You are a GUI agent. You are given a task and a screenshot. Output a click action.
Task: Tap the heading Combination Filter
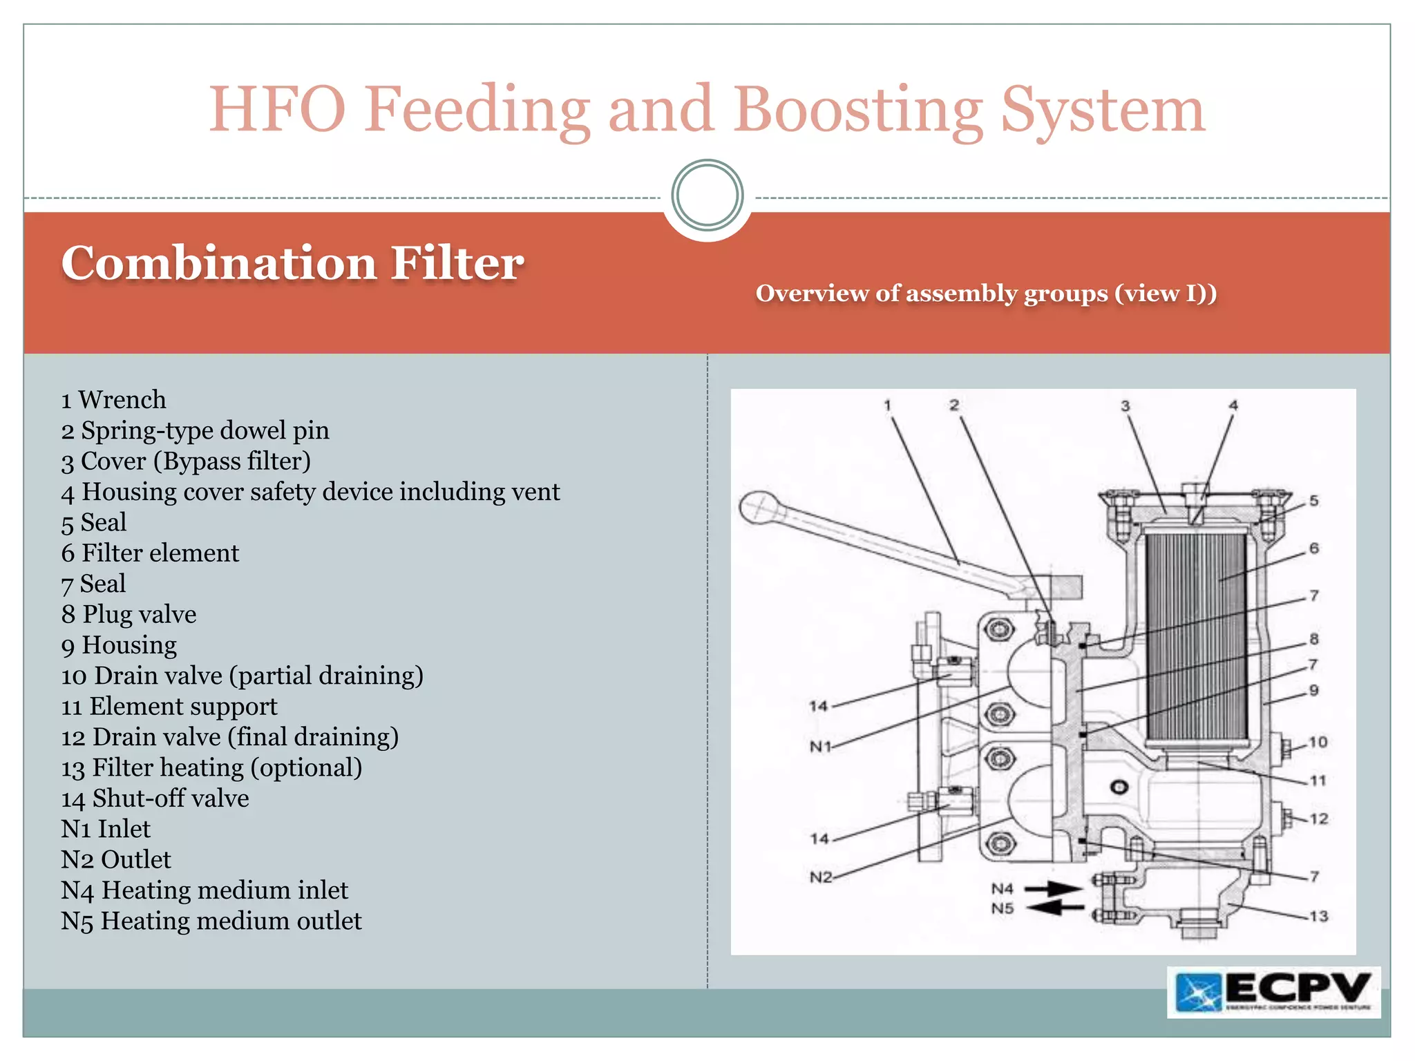[292, 263]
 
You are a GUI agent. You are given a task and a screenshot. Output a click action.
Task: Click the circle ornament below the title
[707, 195]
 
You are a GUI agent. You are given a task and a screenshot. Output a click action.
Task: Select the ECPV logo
[1273, 992]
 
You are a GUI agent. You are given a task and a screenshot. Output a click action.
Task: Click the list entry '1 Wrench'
[113, 400]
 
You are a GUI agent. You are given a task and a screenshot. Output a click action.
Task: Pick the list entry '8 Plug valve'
[129, 614]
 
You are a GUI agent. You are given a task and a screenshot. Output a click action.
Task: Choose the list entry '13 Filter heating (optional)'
[211, 767]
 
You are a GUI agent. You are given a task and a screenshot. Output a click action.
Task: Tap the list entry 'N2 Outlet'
[115, 859]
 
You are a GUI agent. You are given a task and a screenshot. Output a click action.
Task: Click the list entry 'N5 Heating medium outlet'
[211, 921]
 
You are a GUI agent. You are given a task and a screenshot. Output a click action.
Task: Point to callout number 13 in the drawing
[1318, 916]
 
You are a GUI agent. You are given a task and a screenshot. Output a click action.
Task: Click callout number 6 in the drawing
[1314, 548]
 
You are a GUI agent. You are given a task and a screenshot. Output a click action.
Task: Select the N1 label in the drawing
[820, 747]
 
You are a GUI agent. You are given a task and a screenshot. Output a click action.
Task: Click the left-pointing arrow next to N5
[1054, 908]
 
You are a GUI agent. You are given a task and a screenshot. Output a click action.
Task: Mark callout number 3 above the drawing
[1125, 405]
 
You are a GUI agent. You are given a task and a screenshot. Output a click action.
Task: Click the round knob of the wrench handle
[759, 508]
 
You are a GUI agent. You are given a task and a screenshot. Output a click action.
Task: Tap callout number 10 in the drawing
[1318, 742]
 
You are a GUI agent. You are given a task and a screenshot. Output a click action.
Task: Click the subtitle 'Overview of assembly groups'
[986, 294]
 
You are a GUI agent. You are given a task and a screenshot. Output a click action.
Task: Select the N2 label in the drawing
[820, 877]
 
